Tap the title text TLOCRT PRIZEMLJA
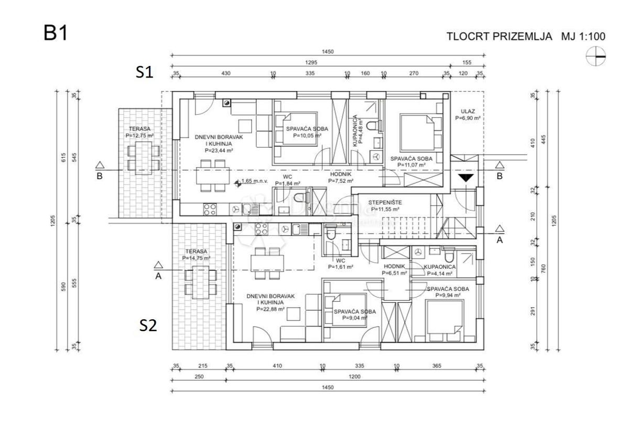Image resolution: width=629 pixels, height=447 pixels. [x=499, y=37]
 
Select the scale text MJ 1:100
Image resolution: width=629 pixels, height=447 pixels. [x=583, y=37]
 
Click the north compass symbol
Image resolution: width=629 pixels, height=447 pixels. [x=596, y=56]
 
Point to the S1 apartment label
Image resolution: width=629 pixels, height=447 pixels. [x=144, y=72]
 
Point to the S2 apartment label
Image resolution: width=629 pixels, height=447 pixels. [x=148, y=325]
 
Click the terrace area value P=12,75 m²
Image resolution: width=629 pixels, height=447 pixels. [x=139, y=135]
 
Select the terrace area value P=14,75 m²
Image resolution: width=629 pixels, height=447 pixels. [x=196, y=258]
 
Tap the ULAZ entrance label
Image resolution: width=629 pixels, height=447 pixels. [x=468, y=111]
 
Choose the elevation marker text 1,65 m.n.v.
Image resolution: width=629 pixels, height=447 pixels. [x=254, y=182]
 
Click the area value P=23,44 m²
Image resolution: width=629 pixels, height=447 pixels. [x=214, y=150]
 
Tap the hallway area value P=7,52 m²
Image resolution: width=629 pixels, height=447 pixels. [x=341, y=181]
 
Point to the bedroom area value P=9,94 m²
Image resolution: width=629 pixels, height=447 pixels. [x=448, y=296]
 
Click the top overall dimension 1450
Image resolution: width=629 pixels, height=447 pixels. [x=328, y=52]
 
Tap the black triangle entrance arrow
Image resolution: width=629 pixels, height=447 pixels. [x=466, y=178]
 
